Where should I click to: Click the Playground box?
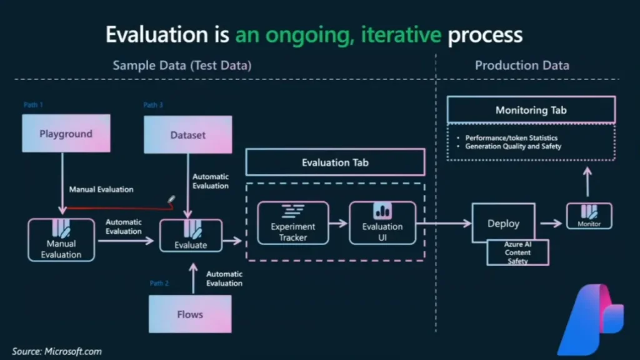click(x=66, y=133)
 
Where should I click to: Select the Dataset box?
click(x=187, y=134)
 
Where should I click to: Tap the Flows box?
click(x=189, y=314)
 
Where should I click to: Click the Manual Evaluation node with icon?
click(x=61, y=240)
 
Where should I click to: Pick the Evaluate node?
click(x=191, y=236)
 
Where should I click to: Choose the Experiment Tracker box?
click(x=293, y=223)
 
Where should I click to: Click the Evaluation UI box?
click(x=382, y=223)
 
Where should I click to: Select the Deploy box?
click(x=503, y=223)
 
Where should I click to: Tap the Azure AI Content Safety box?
click(x=517, y=252)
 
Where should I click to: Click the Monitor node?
click(x=589, y=216)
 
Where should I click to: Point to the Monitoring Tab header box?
click(x=531, y=110)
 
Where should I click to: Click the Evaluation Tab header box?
click(x=335, y=162)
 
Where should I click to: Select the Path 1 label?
click(x=33, y=105)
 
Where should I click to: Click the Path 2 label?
click(x=159, y=283)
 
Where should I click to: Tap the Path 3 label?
click(x=154, y=105)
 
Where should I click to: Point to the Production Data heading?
click(x=522, y=65)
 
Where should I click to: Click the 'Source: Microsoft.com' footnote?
click(x=56, y=351)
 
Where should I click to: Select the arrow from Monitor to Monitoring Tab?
click(x=586, y=184)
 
